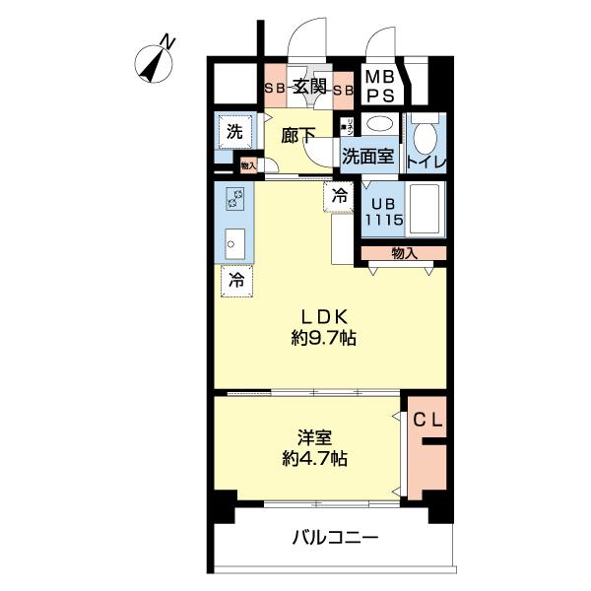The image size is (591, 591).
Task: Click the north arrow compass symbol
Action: click(156, 61)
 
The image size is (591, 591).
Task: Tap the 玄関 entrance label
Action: click(308, 88)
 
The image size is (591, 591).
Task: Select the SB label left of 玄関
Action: click(274, 89)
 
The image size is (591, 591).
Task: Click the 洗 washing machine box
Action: click(233, 131)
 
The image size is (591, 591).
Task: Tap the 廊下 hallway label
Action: click(298, 136)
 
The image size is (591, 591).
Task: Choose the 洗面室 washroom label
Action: click(368, 156)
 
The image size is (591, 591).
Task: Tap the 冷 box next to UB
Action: click(339, 196)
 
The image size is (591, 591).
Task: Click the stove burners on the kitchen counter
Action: click(236, 200)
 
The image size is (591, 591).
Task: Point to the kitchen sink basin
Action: click(235, 241)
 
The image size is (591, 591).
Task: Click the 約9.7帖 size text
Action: click(323, 338)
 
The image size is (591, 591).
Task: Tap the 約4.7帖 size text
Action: click(313, 458)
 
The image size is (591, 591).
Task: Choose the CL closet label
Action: click(427, 421)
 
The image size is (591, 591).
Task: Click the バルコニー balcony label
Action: click(335, 539)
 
